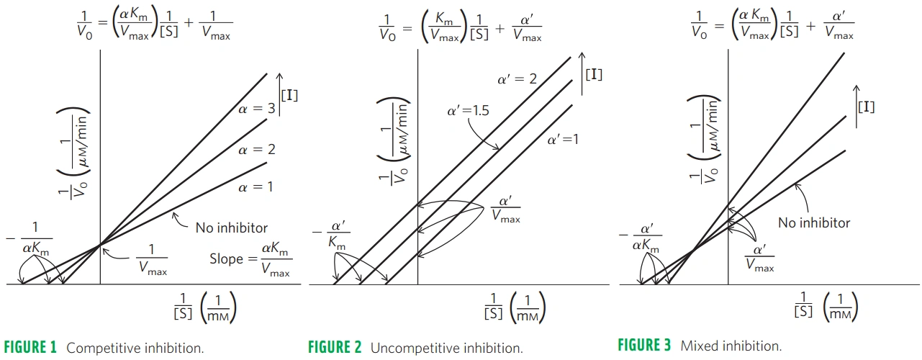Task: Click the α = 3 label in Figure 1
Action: [x=257, y=109]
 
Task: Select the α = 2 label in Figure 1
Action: [x=257, y=150]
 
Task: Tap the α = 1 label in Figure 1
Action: [x=257, y=187]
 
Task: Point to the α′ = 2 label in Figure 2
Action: [x=517, y=78]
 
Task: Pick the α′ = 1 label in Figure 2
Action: [x=562, y=140]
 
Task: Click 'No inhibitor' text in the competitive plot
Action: [x=231, y=228]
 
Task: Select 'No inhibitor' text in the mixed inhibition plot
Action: [x=814, y=222]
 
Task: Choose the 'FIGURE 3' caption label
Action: [x=645, y=346]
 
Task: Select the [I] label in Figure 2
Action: [x=594, y=74]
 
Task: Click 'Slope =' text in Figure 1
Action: [x=227, y=258]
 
